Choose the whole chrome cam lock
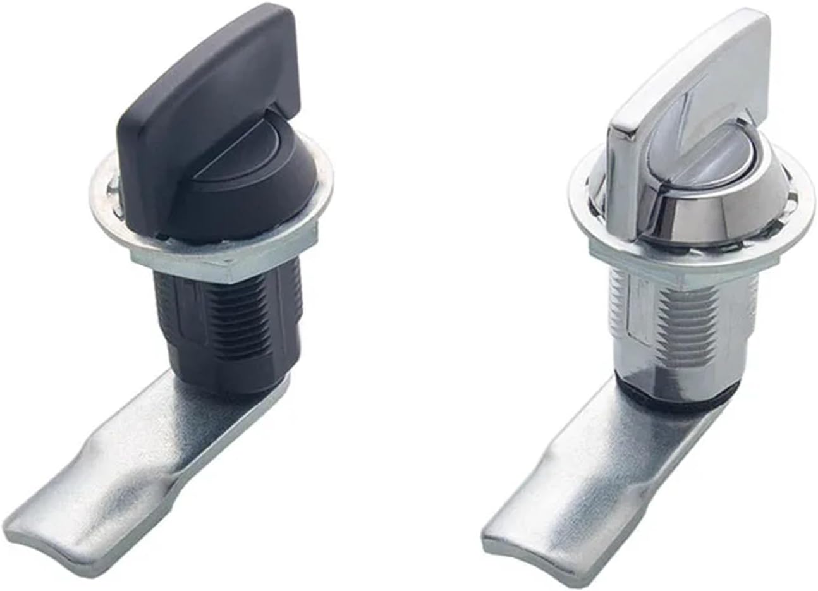[x=670, y=284]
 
